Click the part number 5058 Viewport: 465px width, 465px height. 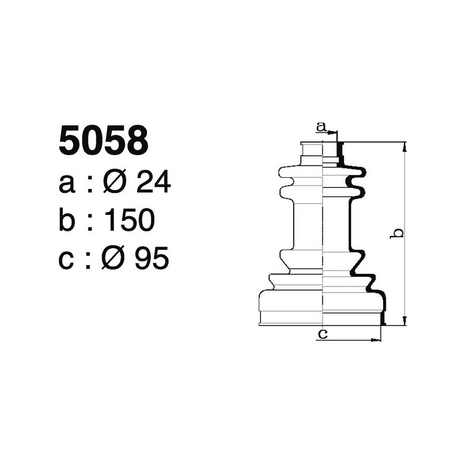tap(103, 142)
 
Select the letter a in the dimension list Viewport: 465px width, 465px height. tap(67, 184)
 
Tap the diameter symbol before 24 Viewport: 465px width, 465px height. tap(115, 183)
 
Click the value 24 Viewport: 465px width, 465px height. tap(153, 183)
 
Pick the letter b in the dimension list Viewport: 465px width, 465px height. tap(68, 220)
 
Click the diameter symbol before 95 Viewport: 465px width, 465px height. tap(115, 259)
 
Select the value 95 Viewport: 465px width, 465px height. tap(152, 259)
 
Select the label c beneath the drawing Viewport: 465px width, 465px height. tap(324, 334)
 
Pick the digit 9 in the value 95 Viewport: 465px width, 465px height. tap(143, 259)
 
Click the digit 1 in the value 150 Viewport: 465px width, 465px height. tap(109, 221)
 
